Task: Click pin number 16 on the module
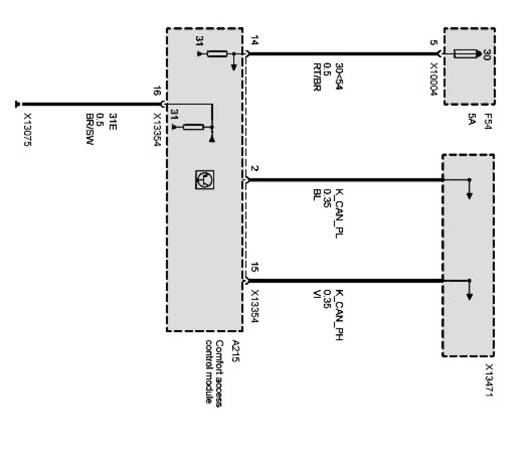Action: point(156,91)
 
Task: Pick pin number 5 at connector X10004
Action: point(432,42)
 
